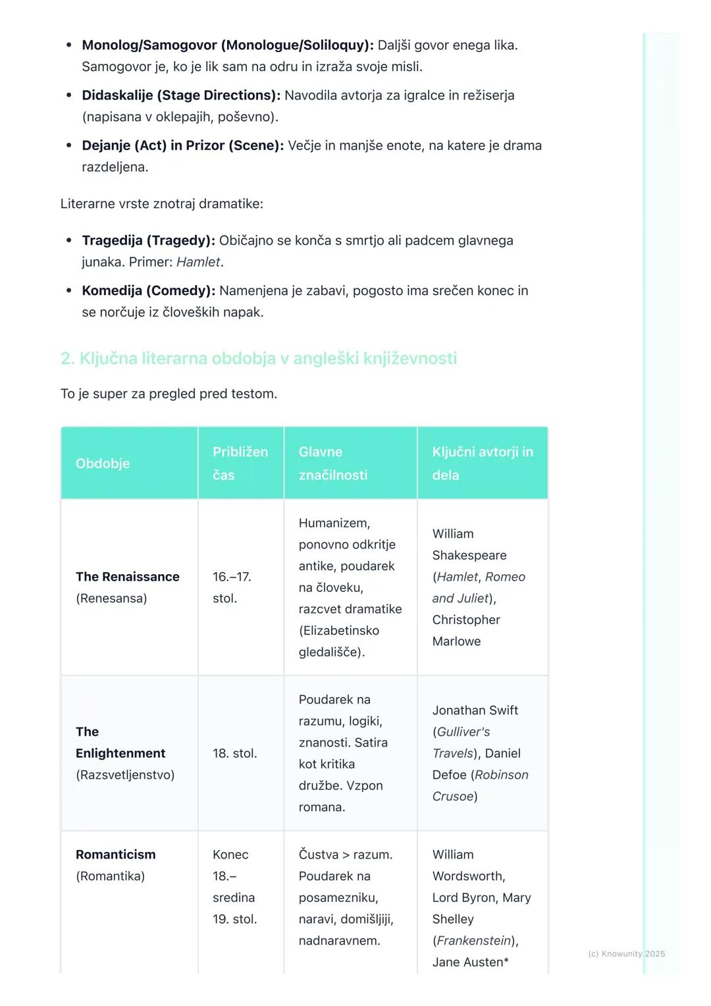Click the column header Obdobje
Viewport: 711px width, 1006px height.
pyautogui.click(x=103, y=463)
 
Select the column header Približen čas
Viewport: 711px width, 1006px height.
pyautogui.click(x=240, y=463)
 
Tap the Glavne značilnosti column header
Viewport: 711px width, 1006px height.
pyautogui.click(x=333, y=463)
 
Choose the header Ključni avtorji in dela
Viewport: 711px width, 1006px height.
pyautogui.click(x=483, y=463)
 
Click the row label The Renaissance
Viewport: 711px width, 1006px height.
pyautogui.click(x=128, y=577)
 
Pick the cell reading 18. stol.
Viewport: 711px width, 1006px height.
pyautogui.click(x=235, y=753)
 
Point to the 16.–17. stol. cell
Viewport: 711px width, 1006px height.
pyautogui.click(x=232, y=587)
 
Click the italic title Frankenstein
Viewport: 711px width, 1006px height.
pyautogui.click(x=474, y=941)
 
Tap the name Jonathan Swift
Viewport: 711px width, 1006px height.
pyautogui.click(x=475, y=710)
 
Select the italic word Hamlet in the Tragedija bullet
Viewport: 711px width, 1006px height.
pyautogui.click(x=198, y=262)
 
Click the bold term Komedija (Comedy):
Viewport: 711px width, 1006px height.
pyautogui.click(x=148, y=291)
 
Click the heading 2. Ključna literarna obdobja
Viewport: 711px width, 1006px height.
pyautogui.click(x=259, y=359)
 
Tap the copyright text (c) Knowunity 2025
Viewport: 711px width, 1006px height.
pyautogui.click(x=627, y=954)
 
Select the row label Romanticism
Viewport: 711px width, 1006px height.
pyautogui.click(x=116, y=855)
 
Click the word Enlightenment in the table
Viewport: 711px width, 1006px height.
pyautogui.click(x=120, y=753)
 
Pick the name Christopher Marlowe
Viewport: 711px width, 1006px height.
pyautogui.click(x=466, y=631)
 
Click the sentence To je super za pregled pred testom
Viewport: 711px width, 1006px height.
pyautogui.click(x=169, y=394)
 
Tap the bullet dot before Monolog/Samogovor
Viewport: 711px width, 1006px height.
pyautogui.click(x=69, y=45)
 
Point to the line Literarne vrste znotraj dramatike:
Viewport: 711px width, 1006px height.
pyautogui.click(x=162, y=204)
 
